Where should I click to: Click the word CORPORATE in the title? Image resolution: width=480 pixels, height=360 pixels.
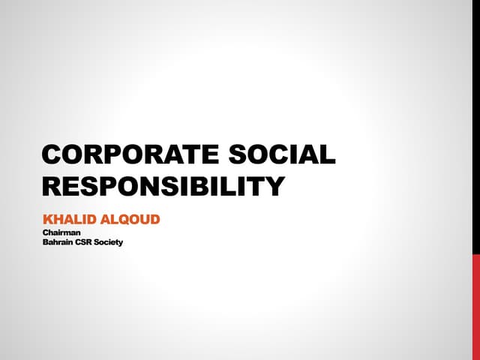click(x=130, y=154)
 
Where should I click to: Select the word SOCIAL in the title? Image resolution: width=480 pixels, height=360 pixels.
click(x=282, y=154)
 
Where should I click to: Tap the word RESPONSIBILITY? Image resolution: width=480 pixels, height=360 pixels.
click(x=163, y=186)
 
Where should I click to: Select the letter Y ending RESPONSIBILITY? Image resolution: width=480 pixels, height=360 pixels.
click(x=275, y=186)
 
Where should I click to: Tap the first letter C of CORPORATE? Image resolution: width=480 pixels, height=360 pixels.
click(x=53, y=154)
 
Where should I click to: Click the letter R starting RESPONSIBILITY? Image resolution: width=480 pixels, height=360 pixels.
click(x=53, y=186)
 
